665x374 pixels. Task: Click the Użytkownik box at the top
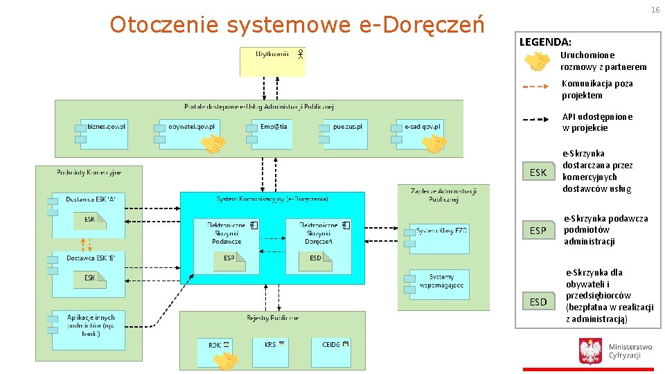pyautogui.click(x=272, y=61)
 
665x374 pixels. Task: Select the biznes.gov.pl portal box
pyautogui.click(x=105, y=134)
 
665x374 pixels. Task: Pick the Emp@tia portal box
pyautogui.click(x=271, y=134)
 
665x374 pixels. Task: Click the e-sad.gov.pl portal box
pyautogui.click(x=420, y=134)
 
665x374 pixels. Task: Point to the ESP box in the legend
pyautogui.click(x=538, y=231)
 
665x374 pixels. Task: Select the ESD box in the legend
pyautogui.click(x=538, y=302)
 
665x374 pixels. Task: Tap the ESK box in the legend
pyautogui.click(x=538, y=172)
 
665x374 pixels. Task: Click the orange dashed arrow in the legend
pyautogui.click(x=537, y=87)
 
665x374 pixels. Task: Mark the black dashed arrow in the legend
pyautogui.click(x=537, y=119)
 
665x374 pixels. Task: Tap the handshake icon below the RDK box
pyautogui.click(x=226, y=362)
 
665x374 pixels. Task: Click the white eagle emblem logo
pyautogui.click(x=590, y=351)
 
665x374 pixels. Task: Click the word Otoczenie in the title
pyautogui.click(x=164, y=25)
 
